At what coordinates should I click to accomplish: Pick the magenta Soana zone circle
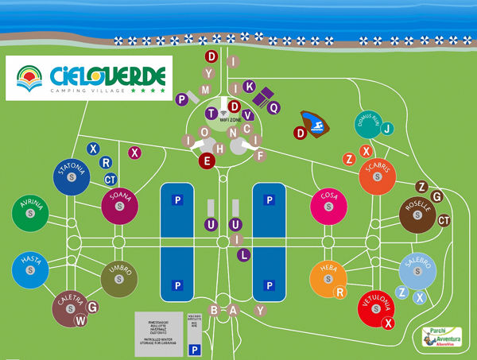(120, 206)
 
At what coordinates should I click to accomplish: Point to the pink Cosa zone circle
(328, 206)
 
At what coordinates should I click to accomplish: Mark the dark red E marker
(208, 161)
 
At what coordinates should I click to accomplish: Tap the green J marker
(387, 129)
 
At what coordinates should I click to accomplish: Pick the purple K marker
(249, 86)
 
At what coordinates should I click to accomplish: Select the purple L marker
(244, 255)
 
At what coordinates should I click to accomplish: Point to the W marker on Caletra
(79, 320)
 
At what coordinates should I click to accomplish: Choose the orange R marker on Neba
(339, 292)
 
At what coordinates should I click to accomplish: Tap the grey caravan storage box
(157, 327)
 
